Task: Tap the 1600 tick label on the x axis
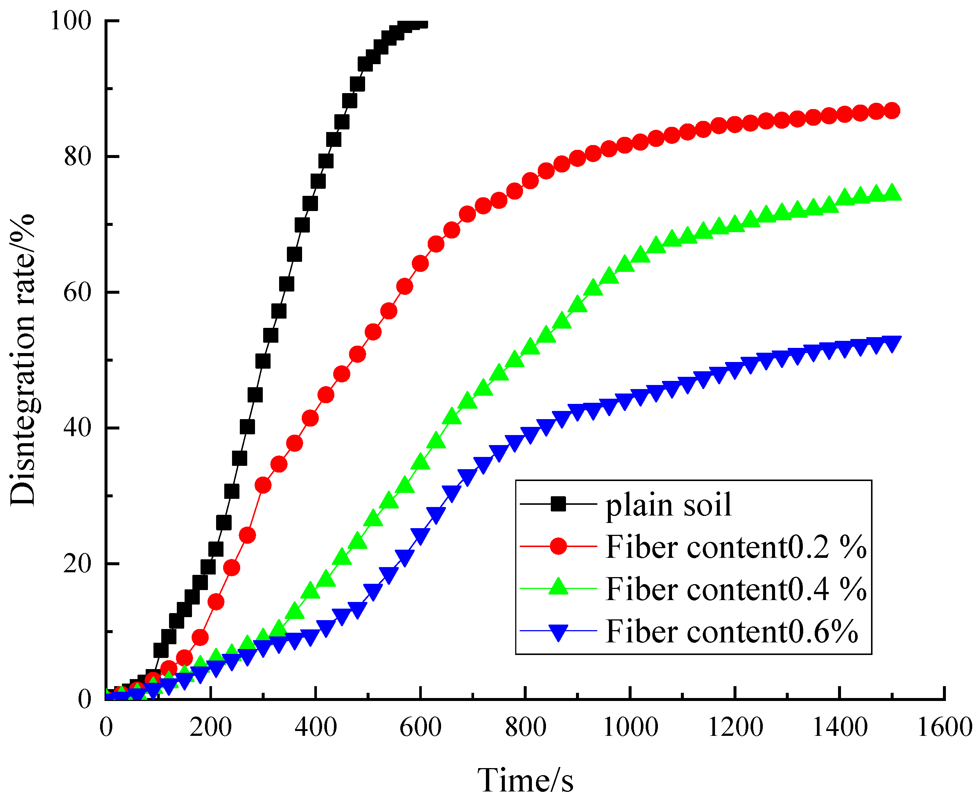click(944, 728)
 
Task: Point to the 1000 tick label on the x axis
click(630, 728)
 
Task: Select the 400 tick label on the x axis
click(315, 728)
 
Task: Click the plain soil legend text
click(668, 505)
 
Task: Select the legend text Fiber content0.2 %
click(736, 547)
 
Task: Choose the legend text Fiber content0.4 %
click(736, 589)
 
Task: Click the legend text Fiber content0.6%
click(732, 631)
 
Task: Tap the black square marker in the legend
click(558, 504)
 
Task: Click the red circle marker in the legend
click(558, 546)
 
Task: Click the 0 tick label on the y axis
click(85, 699)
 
